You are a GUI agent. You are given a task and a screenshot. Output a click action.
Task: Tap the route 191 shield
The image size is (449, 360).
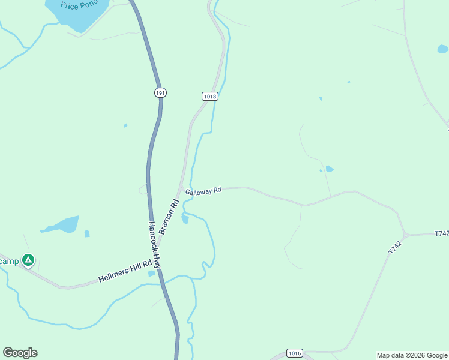coord(160,92)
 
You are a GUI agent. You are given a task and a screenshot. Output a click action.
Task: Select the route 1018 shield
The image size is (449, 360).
coord(209,96)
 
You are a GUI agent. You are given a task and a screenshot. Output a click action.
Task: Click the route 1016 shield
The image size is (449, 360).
coord(294,353)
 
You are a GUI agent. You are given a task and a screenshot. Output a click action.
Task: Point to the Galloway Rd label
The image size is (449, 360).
coord(203,191)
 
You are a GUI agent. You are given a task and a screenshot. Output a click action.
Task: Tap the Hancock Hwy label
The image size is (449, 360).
coord(155,245)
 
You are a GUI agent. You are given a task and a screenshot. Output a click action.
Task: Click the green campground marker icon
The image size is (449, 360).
coord(28,260)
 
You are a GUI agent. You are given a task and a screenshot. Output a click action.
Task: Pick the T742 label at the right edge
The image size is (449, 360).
coord(441,233)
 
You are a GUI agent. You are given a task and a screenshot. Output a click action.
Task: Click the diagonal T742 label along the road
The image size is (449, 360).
coord(394,247)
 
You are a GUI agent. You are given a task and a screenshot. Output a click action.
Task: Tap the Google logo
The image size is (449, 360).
coord(20,353)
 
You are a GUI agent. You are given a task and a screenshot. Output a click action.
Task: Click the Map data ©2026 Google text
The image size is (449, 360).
coord(412,355)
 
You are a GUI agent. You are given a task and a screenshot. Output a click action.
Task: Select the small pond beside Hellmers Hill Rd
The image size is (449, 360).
coord(151,274)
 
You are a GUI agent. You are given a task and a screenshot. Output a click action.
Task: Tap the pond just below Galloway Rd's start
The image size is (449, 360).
coord(185,220)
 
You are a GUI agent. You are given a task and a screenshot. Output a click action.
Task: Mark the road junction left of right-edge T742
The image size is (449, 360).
coord(406,235)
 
